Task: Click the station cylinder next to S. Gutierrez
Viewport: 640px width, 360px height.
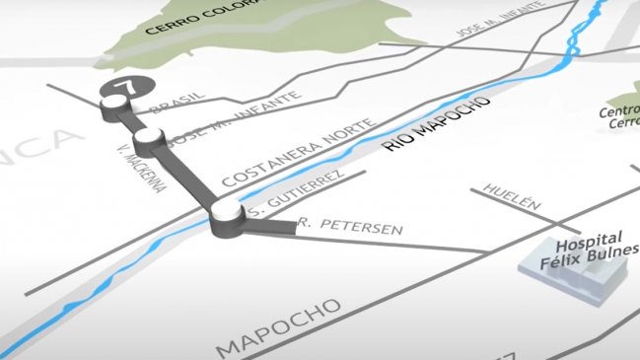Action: (227, 220)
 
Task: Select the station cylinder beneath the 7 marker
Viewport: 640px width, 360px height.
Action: (111, 106)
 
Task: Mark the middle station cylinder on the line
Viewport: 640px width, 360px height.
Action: (149, 139)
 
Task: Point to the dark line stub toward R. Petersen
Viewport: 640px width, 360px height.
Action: (270, 228)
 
